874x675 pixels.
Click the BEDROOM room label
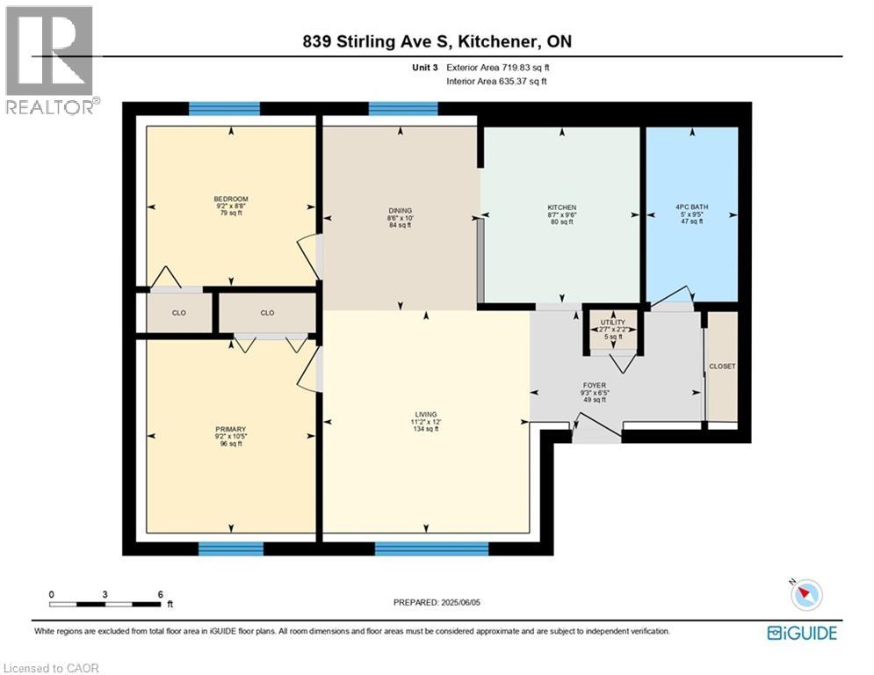[231, 199]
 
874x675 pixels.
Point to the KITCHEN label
[561, 207]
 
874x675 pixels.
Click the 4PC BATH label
[692, 207]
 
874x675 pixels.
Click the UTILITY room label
[612, 323]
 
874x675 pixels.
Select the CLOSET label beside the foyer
[723, 366]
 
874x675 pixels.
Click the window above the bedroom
[224, 109]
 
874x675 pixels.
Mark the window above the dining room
[403, 109]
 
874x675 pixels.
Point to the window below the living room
[431, 549]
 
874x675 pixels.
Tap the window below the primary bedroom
[231, 549]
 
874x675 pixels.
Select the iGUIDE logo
[802, 633]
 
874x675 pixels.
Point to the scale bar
[105, 604]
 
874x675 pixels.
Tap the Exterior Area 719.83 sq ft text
[499, 67]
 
